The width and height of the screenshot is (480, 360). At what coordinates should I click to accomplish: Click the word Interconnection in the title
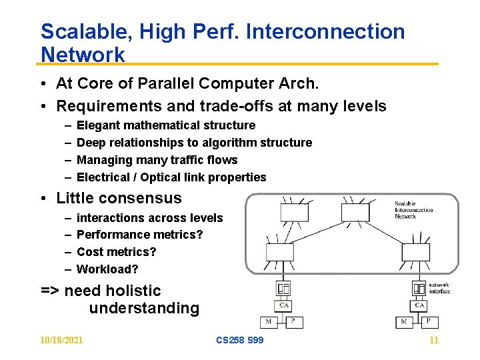pos(325,31)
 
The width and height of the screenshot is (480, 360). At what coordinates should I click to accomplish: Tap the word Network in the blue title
pos(83,55)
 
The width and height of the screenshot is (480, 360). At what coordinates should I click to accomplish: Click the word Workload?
pos(107,269)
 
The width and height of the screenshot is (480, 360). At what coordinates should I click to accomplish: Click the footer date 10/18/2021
pos(61,340)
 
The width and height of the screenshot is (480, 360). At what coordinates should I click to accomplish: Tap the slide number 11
pos(434,340)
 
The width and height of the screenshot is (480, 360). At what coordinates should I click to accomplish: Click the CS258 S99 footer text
pos(240,340)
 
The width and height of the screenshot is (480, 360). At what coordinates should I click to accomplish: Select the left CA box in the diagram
pos(283,305)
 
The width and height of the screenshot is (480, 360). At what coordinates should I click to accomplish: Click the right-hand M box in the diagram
pos(404,323)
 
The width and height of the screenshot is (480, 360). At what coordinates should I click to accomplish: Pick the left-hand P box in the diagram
pos(295,323)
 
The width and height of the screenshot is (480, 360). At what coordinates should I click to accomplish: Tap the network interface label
pos(439,288)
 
